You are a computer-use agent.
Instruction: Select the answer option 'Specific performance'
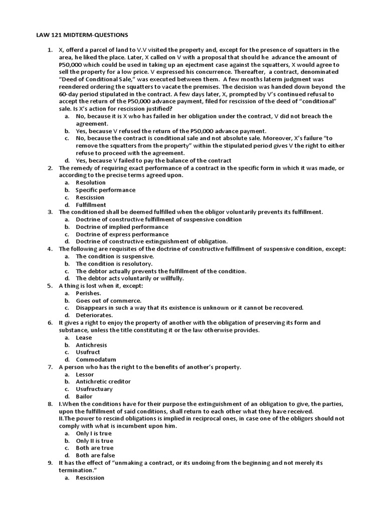(x=105, y=190)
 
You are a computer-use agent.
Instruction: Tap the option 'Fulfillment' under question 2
(x=91, y=205)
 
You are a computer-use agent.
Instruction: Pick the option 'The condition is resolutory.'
(x=114, y=264)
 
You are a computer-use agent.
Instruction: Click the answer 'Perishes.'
(x=88, y=293)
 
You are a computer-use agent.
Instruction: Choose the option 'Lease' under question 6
(x=84, y=338)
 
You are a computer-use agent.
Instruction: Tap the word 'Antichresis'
(x=91, y=345)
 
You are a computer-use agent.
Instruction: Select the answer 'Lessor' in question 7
(x=85, y=374)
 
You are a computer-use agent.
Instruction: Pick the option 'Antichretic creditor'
(x=103, y=381)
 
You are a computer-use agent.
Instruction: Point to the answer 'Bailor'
(x=84, y=397)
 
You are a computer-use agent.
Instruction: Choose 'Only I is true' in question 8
(x=94, y=433)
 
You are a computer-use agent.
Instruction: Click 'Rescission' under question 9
(x=90, y=477)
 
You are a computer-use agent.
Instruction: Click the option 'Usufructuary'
(x=94, y=389)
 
